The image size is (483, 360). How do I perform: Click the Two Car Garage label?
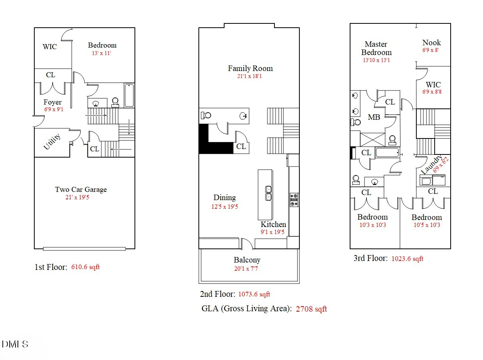pyautogui.click(x=81, y=190)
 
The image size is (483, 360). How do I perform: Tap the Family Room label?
pyautogui.click(x=250, y=68)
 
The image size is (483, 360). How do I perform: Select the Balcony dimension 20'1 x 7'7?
pyautogui.click(x=247, y=268)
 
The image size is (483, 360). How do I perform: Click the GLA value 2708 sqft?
pyautogui.click(x=311, y=309)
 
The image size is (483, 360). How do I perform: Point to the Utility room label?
pyautogui.click(x=52, y=142)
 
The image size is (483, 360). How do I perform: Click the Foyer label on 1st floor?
pyautogui.click(x=53, y=102)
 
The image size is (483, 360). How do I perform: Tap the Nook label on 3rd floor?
pyautogui.click(x=432, y=43)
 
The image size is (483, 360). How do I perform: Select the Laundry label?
pyautogui.click(x=432, y=165)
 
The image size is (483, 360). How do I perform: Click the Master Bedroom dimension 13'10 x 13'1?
pyautogui.click(x=376, y=60)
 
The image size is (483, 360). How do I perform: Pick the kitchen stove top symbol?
pyautogui.click(x=294, y=199)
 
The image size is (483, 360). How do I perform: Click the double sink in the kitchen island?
pyautogui.click(x=268, y=193)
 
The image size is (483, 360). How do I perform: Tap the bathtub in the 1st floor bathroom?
pyautogui.click(x=129, y=96)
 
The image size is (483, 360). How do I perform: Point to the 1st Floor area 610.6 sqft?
pyautogui.click(x=85, y=267)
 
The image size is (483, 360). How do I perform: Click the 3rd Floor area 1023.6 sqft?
pyautogui.click(x=407, y=259)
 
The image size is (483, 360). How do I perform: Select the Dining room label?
pyautogui.click(x=225, y=197)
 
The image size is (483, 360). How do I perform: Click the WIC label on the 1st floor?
pyautogui.click(x=50, y=47)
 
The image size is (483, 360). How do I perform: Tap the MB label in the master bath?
pyautogui.click(x=374, y=117)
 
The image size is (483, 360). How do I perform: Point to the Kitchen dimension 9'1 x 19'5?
pyautogui.click(x=273, y=232)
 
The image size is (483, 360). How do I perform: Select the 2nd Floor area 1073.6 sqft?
pyautogui.click(x=254, y=294)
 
